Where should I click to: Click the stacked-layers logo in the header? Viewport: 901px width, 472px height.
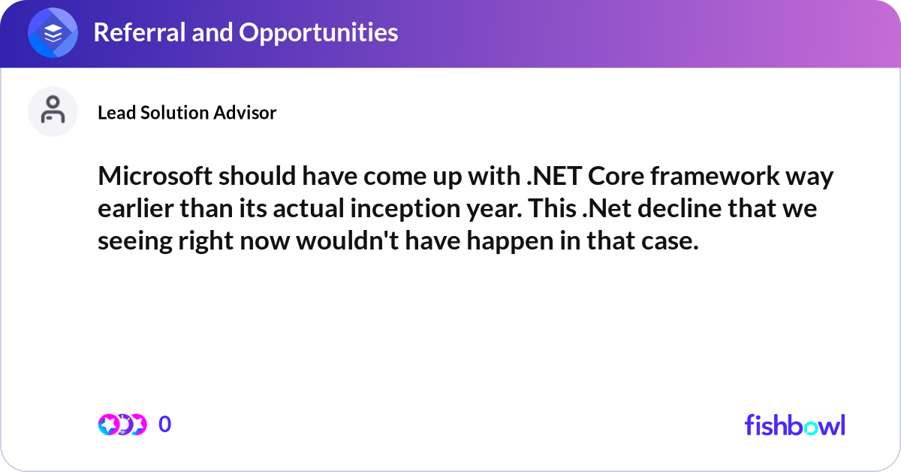[53, 33]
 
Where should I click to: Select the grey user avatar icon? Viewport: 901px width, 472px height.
[53, 111]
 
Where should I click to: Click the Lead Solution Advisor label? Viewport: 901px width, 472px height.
[187, 113]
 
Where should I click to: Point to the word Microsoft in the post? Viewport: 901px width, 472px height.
[149, 178]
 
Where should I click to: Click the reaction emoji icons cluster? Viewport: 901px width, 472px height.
[122, 425]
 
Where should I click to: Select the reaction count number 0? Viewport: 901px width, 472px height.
[165, 425]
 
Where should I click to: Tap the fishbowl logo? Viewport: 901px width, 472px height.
[794, 425]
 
